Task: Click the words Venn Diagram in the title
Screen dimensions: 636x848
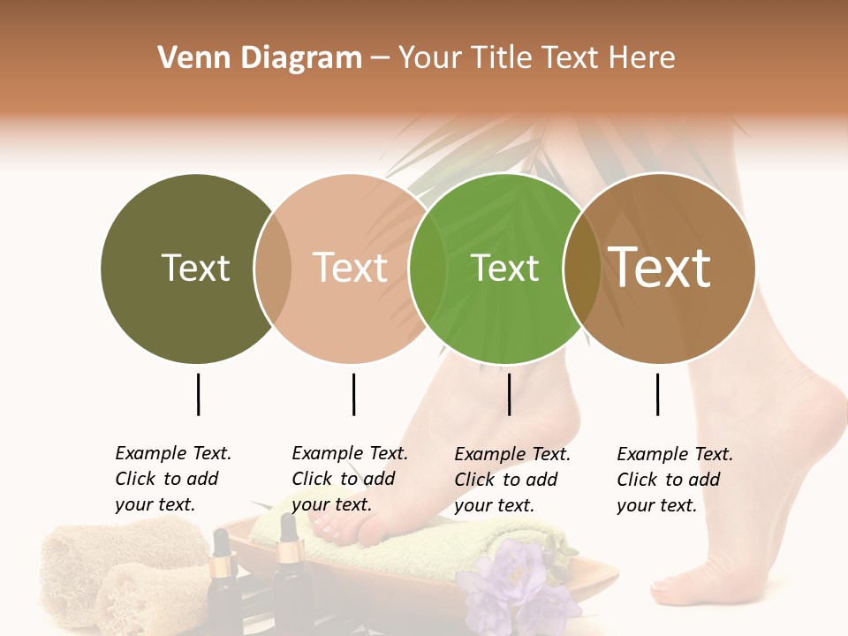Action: coord(260,58)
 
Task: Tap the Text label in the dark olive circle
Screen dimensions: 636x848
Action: coord(195,268)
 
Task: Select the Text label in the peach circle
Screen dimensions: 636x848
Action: coord(351,268)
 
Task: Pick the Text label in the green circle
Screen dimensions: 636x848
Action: coord(504,268)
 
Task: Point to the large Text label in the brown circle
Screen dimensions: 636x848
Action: coord(659,268)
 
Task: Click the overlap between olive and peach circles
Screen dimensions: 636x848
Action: coord(273,268)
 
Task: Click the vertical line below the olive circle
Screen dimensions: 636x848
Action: coord(198,394)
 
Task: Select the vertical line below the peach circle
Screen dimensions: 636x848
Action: coord(353,394)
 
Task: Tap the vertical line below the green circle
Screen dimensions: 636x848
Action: coord(509,394)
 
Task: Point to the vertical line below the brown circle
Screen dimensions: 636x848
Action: coord(657,394)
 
